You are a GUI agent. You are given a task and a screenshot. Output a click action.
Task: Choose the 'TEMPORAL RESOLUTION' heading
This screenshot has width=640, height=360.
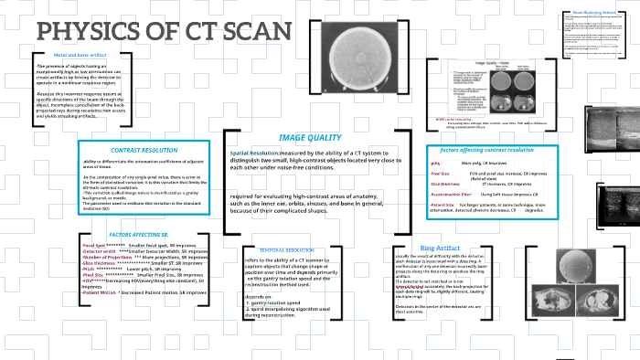click(x=287, y=249)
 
